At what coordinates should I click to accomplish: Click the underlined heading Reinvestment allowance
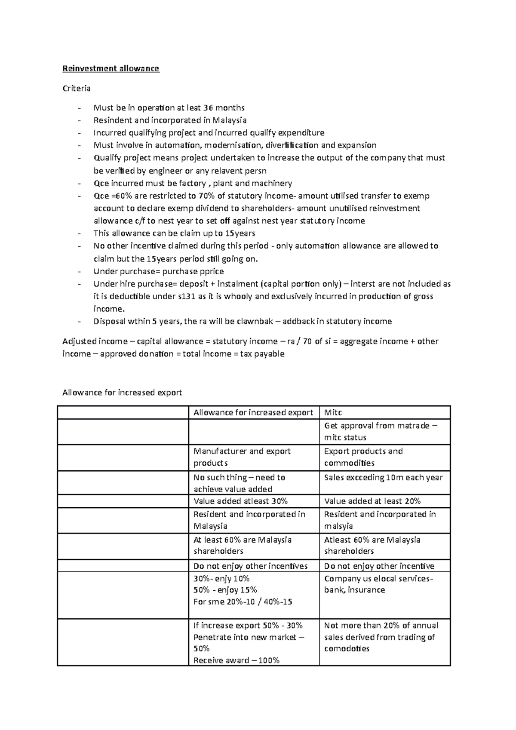pos(111,68)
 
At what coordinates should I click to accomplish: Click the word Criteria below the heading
pos(77,89)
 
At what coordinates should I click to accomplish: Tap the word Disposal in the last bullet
pos(108,322)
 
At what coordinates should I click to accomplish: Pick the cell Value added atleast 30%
pos(240,501)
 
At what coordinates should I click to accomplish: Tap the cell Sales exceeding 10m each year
pos(383,478)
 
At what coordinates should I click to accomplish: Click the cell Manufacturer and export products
pos(242,457)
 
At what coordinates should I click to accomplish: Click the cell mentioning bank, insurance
pos(378,584)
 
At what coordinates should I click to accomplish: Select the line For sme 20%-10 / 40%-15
pos(243,602)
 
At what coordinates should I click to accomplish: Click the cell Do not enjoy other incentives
pos(250,566)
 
